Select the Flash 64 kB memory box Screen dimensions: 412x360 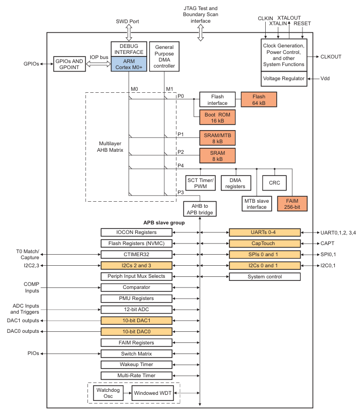(x=259, y=99)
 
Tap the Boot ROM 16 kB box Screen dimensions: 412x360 (x=217, y=118)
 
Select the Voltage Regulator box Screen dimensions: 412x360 (x=285, y=79)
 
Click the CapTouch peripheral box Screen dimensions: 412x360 (x=264, y=243)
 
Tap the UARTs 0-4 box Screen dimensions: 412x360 (x=264, y=232)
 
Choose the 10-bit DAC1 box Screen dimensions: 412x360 (x=136, y=320)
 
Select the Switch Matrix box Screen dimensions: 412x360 (x=136, y=354)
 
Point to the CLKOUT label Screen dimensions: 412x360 (x=331, y=57)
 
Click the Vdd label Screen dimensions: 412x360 (x=326, y=79)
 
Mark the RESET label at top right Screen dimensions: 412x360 (x=303, y=24)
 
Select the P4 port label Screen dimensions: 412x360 (x=181, y=165)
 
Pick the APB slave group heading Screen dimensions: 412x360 (x=164, y=222)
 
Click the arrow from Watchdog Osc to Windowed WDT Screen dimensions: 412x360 (x=129, y=393)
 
